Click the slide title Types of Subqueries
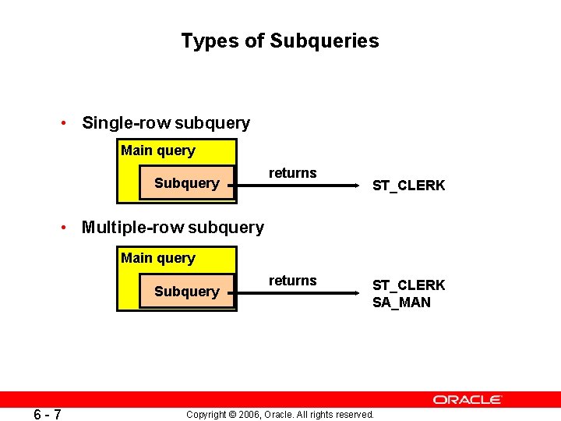point(280,41)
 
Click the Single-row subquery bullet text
point(166,123)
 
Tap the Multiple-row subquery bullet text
point(173,228)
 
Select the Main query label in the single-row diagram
point(158,150)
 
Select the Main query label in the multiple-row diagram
point(158,258)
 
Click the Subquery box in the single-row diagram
point(187,184)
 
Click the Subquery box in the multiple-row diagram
point(187,292)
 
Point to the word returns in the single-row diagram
point(293,173)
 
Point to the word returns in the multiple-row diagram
point(293,281)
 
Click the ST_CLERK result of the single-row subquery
point(409,186)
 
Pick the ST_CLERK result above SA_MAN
point(409,285)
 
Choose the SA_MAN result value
point(401,302)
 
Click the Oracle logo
point(467,399)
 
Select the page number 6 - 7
point(48,413)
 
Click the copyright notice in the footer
point(280,414)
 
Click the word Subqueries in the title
point(324,41)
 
